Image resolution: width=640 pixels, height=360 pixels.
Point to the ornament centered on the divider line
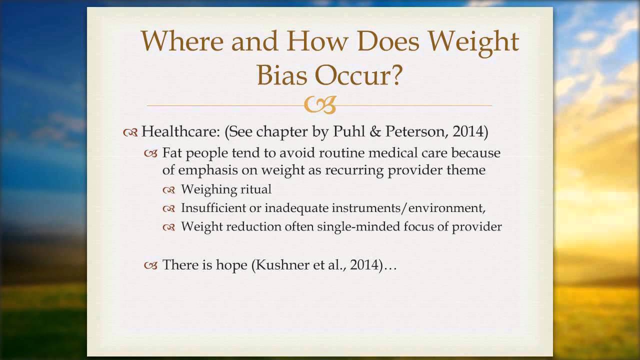pyautogui.click(x=320, y=105)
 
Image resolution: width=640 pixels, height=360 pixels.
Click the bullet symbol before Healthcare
pyautogui.click(x=130, y=132)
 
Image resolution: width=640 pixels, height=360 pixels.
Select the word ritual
pyautogui.click(x=255, y=189)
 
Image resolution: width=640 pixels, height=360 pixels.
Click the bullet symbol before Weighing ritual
pyautogui.click(x=169, y=189)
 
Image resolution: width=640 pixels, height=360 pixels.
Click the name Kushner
pyautogui.click(x=281, y=265)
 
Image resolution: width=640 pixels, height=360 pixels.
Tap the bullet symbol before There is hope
pyautogui.click(x=150, y=265)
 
